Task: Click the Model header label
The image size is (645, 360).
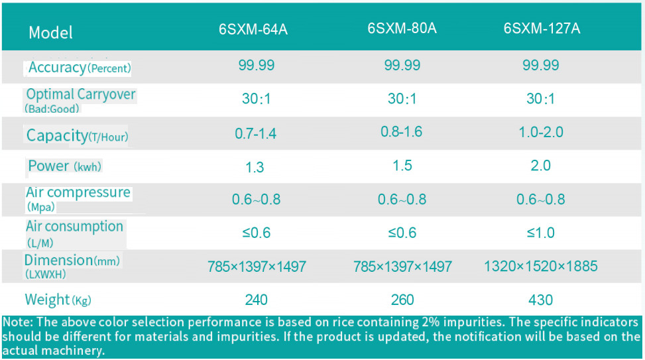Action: click(50, 32)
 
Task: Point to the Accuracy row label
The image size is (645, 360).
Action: click(79, 68)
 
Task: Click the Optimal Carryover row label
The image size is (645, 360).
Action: click(80, 94)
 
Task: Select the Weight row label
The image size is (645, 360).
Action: click(57, 300)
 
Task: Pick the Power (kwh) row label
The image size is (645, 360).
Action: click(64, 166)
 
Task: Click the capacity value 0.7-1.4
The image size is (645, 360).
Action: click(256, 133)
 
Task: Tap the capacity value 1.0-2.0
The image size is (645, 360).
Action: click(540, 132)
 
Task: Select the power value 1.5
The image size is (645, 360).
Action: click(402, 166)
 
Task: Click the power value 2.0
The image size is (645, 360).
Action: click(540, 166)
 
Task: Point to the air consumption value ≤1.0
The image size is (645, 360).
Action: click(540, 233)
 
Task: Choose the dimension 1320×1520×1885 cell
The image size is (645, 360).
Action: click(540, 267)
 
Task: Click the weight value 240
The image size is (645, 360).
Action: click(256, 300)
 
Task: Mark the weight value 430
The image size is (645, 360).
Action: click(540, 300)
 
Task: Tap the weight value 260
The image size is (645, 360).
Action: click(402, 300)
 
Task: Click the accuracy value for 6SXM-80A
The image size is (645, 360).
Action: click(402, 65)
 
